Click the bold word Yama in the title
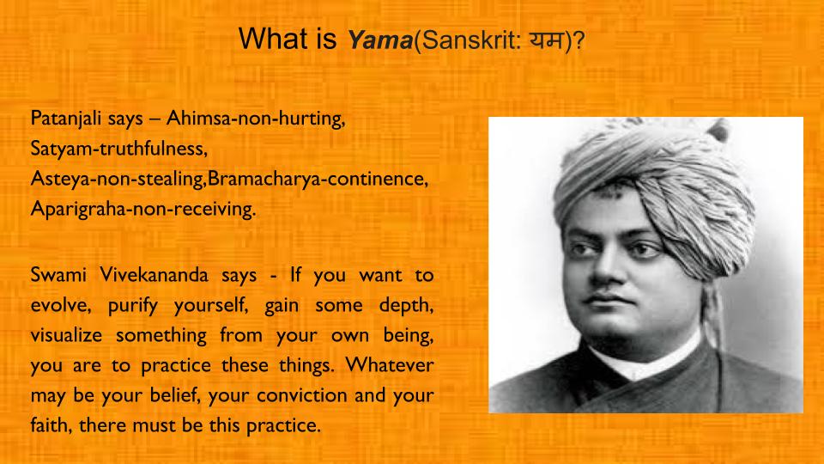coord(380,40)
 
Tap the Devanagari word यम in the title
coord(546,39)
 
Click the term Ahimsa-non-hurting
coord(256,119)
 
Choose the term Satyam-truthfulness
coord(118,149)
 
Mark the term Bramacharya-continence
coord(318,180)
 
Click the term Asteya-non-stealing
coord(118,179)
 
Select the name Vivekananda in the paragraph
coord(154,275)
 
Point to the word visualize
coord(66,335)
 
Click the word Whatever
coord(390,364)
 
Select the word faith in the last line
coord(51,425)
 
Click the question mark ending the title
coord(579,40)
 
